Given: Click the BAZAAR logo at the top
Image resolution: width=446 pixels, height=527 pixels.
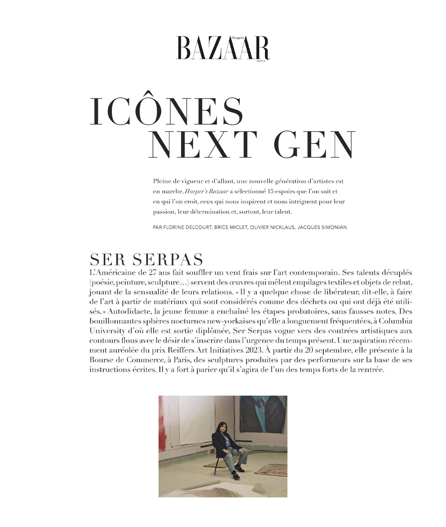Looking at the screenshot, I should click(x=223, y=48).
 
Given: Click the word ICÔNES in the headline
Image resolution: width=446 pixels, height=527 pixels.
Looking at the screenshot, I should click(x=166, y=112).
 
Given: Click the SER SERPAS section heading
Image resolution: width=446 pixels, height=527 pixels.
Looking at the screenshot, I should click(x=146, y=259).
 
